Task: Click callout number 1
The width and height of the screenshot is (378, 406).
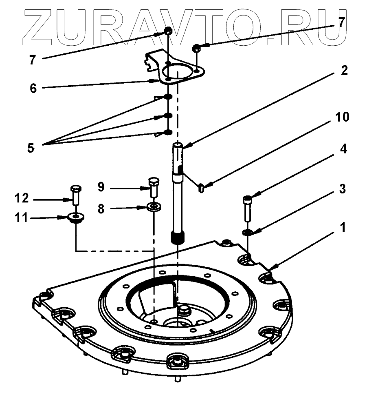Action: [343, 227]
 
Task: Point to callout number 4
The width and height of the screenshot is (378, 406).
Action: [343, 149]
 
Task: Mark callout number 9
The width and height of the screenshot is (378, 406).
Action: [101, 187]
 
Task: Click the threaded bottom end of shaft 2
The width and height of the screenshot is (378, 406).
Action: [178, 237]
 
